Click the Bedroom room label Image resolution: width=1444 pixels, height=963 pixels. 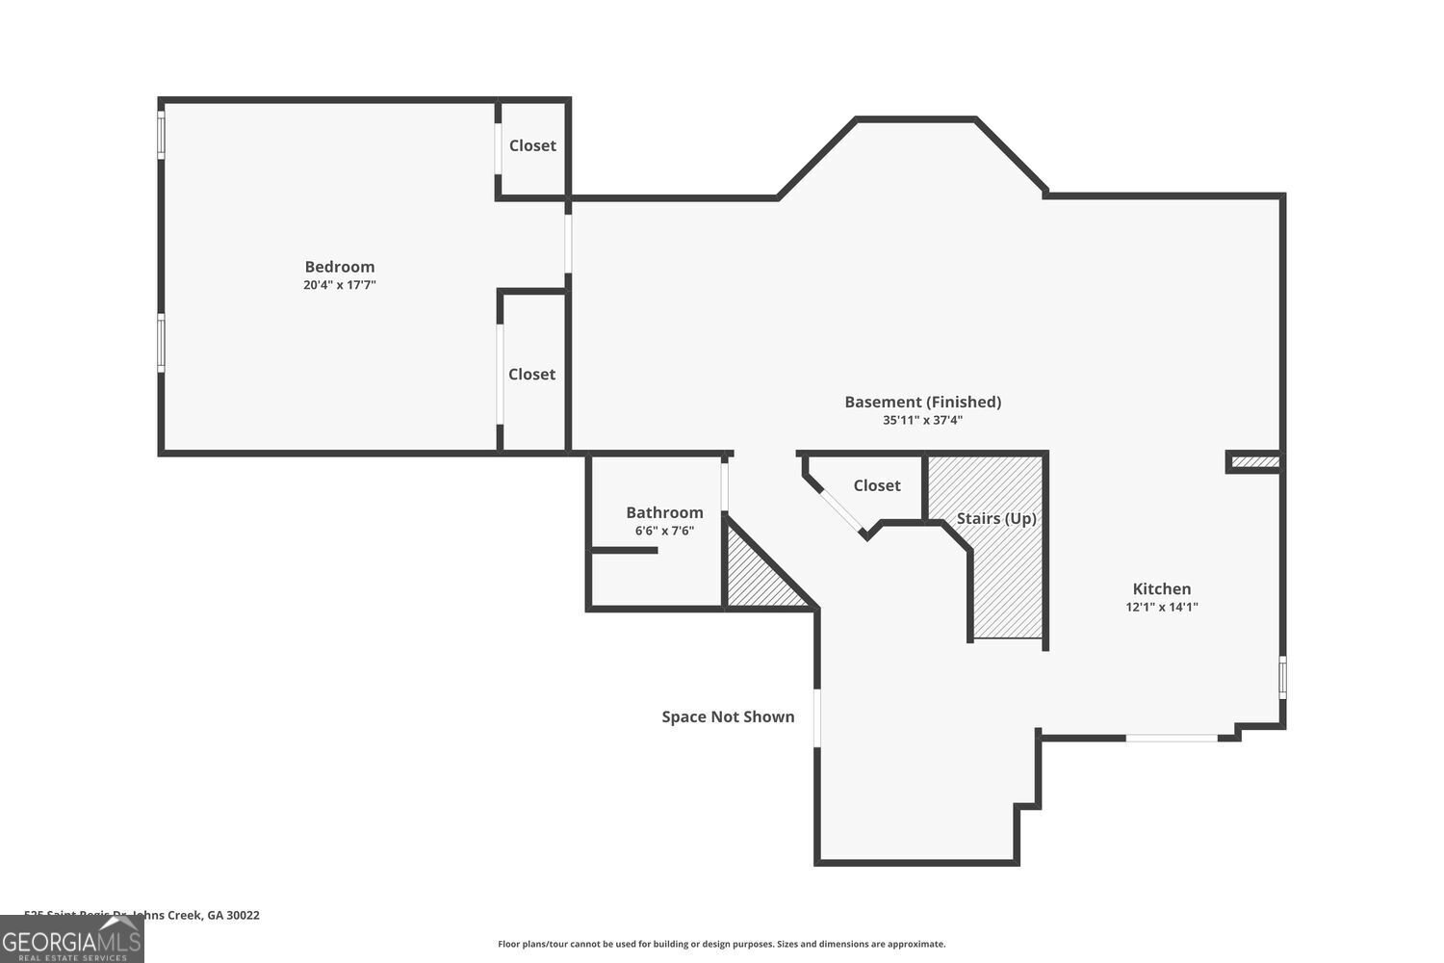pos(339,267)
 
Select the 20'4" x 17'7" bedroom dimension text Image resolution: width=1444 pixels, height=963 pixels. pos(339,285)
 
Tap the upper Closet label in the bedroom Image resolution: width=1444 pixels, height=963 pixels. pos(532,145)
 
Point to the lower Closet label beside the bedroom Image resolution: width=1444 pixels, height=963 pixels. pos(531,375)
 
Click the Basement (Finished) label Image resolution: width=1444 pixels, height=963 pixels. pos(922,402)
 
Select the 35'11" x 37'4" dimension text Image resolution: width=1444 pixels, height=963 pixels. pos(922,420)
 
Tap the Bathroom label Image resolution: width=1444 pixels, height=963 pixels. pos(664,512)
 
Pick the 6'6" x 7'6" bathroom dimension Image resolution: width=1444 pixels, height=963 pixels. pos(664,531)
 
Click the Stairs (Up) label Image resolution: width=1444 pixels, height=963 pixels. pos(996,518)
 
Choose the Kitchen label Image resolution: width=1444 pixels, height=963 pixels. pos(1161,588)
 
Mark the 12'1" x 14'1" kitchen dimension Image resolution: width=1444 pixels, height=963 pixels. pos(1161,607)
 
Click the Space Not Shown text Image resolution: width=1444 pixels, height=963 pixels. pos(728,716)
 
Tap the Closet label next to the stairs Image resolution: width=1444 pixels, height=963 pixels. pos(876,485)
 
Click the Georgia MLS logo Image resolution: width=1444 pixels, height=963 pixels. pos(71,940)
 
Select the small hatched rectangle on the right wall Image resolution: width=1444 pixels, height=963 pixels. pos(1254,463)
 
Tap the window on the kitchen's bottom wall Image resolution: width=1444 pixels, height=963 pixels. pos(1172,738)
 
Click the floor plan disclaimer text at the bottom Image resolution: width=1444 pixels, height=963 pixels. pos(721,944)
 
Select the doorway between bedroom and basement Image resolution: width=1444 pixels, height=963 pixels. pos(568,244)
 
